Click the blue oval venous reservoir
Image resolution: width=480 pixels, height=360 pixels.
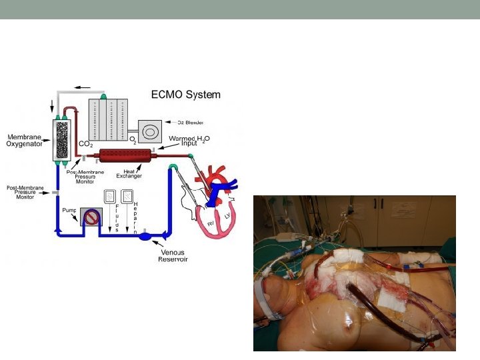click(x=146, y=236)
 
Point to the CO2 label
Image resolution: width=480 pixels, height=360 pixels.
click(x=85, y=143)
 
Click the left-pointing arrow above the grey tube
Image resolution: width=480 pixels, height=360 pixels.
click(x=83, y=87)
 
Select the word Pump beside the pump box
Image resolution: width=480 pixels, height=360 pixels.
click(x=69, y=210)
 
